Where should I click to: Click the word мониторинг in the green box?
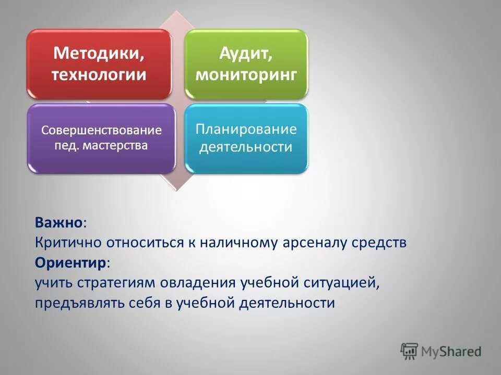point(246,74)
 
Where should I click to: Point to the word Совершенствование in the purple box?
point(101,130)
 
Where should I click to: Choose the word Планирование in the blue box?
point(246,129)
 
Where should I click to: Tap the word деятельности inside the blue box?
point(246,147)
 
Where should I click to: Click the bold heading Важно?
point(59,222)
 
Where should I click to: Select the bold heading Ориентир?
point(70,262)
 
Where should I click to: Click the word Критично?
point(68,243)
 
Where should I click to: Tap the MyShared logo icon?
point(410,352)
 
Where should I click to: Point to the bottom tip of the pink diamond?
point(176,190)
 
